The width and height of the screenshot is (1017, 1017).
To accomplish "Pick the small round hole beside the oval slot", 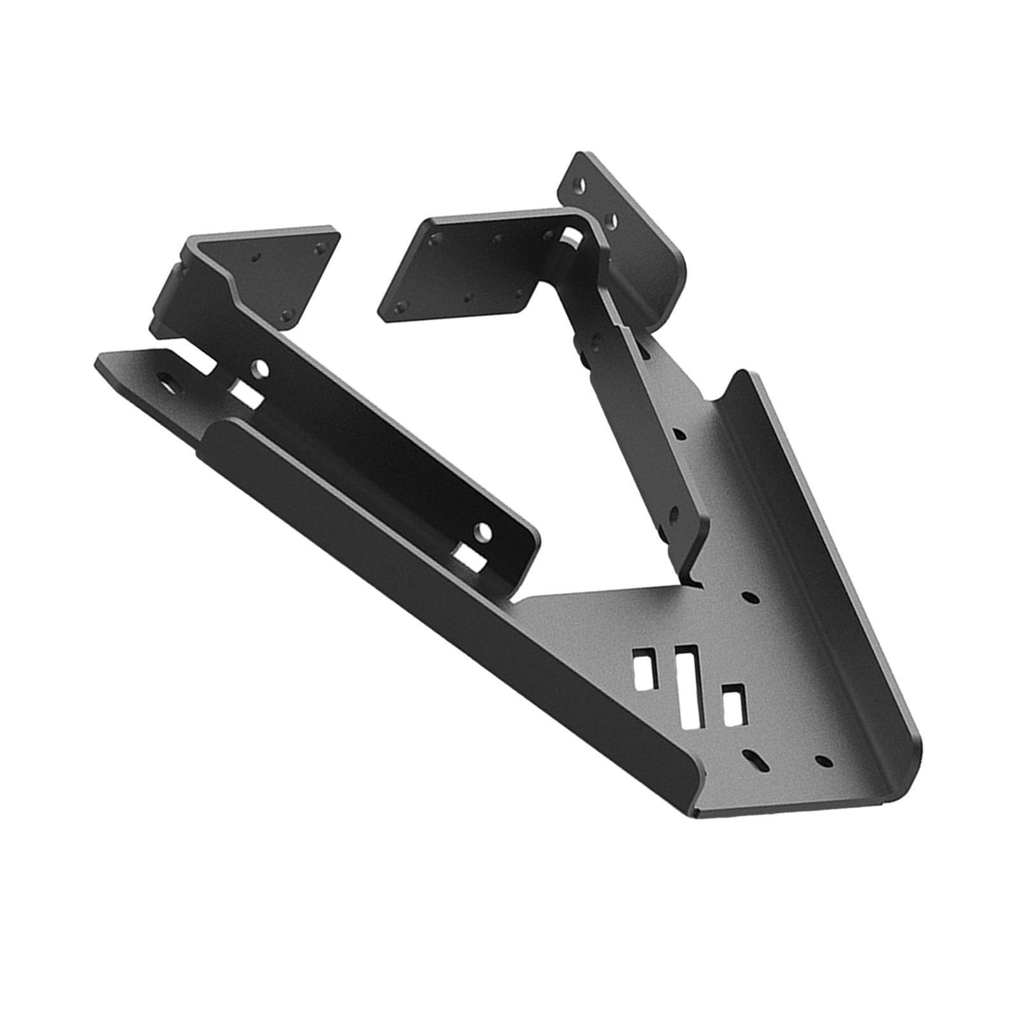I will point(824,761).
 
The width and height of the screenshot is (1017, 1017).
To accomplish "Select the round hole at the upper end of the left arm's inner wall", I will point(259,368).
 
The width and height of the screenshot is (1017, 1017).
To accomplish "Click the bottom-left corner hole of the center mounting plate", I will point(399,308).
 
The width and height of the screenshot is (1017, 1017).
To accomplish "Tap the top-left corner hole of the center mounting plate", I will point(435,240).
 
